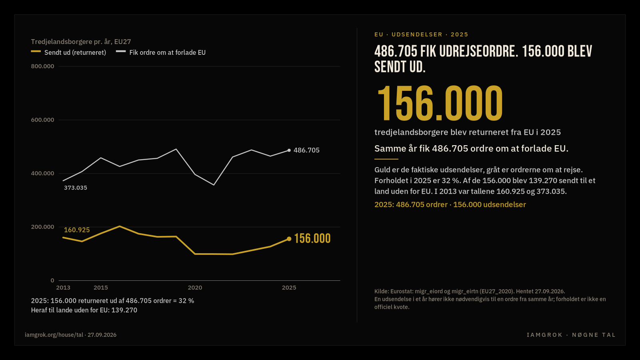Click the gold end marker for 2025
click(289, 239)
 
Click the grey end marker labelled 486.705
click(289, 150)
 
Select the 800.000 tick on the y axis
click(42, 66)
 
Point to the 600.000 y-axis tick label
click(42, 120)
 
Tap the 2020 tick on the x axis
click(195, 288)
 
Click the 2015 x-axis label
click(101, 288)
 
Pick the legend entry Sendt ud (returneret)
click(68, 52)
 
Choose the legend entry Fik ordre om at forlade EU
click(161, 52)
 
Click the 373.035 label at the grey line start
click(76, 188)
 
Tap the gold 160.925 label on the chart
click(77, 230)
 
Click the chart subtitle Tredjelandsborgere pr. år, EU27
click(81, 42)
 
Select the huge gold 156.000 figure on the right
click(440, 103)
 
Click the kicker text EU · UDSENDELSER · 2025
click(422, 34)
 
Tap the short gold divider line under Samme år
click(386, 159)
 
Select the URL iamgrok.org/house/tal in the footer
click(54, 335)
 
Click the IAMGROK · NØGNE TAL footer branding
click(571, 335)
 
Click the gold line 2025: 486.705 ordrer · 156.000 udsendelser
click(450, 204)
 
